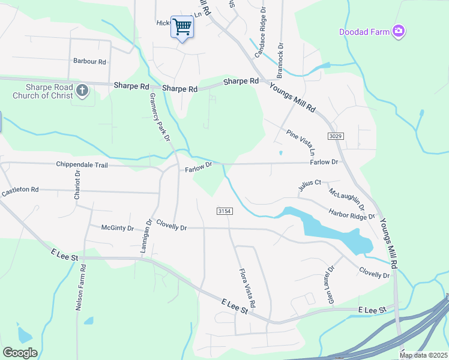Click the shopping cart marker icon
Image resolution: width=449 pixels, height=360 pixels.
[181, 26]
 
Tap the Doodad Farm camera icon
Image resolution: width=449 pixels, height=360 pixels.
[398, 31]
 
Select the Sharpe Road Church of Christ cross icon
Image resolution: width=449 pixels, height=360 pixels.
[82, 91]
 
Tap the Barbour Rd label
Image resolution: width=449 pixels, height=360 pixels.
[89, 61]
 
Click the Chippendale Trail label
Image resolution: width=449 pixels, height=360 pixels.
[82, 164]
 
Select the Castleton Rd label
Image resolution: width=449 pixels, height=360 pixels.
[20, 191]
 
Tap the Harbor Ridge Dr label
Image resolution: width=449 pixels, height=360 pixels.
[351, 214]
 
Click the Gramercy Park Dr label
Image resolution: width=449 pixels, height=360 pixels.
[160, 117]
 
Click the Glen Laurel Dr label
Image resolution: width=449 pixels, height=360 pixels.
[330, 286]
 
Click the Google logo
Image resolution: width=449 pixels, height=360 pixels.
[20, 353]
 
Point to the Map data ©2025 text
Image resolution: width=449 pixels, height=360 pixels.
[423, 355]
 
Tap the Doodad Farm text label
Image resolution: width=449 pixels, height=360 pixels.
[364, 31]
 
